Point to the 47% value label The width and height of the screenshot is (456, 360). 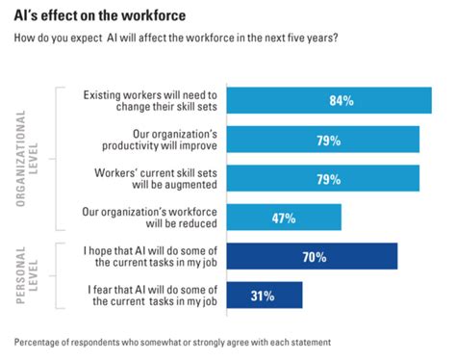click(x=283, y=219)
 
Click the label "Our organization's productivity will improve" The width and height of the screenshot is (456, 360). click(x=161, y=141)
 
